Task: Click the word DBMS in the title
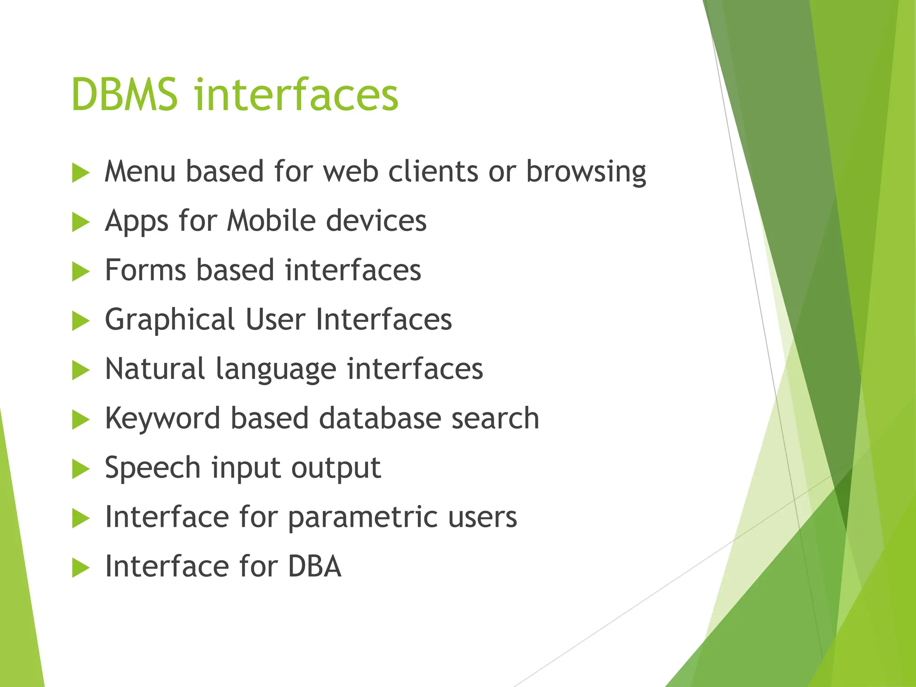124,95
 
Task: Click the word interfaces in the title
296,95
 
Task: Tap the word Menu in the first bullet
140,171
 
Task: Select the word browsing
586,172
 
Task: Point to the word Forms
145,270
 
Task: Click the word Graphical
170,320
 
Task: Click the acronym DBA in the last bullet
314,567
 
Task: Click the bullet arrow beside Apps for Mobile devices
81,222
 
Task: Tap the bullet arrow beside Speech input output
81,470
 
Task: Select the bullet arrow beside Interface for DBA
81,568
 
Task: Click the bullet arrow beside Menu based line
81,173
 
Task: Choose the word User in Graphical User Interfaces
276,319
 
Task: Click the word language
276,370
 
